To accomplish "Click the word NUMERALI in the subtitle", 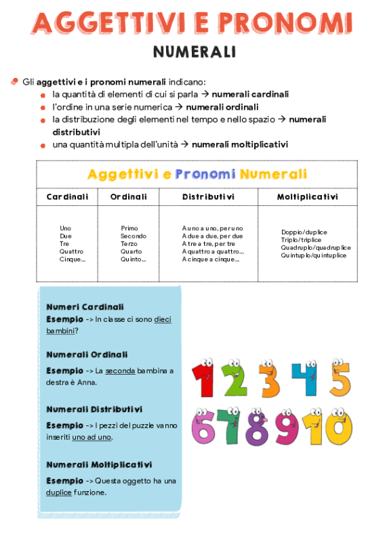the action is [x=194, y=51].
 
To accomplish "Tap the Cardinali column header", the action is [x=67, y=197].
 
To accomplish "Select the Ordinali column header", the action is [x=128, y=197].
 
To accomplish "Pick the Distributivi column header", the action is [x=208, y=197].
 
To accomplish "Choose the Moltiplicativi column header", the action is [x=307, y=197].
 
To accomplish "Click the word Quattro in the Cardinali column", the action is [x=71, y=251].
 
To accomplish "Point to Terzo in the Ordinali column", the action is [x=129, y=244].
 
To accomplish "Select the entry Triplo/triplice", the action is [x=301, y=240].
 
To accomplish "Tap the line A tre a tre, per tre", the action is [x=208, y=244].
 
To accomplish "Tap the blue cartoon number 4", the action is [x=304, y=379].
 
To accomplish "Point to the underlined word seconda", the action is [x=120, y=371].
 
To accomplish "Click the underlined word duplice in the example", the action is [x=59, y=493].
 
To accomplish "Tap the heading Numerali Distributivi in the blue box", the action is [x=94, y=409].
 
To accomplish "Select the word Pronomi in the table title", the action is [x=205, y=174].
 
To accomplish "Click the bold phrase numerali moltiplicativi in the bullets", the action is [x=240, y=144].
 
